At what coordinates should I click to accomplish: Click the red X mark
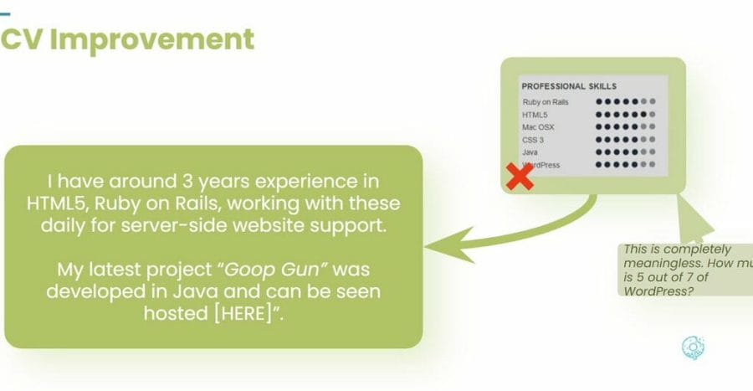point(520,177)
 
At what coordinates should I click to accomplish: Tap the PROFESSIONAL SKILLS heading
point(569,85)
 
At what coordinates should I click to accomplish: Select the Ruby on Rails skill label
point(546,102)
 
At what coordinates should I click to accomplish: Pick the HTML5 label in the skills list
point(535,115)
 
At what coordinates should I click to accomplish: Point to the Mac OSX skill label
point(538,127)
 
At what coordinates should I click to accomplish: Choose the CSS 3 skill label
point(534,140)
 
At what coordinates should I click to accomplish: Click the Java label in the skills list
point(530,152)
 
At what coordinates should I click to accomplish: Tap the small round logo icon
point(693,347)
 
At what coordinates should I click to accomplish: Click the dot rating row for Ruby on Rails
point(626,102)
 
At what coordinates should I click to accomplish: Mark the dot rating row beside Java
point(626,152)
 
